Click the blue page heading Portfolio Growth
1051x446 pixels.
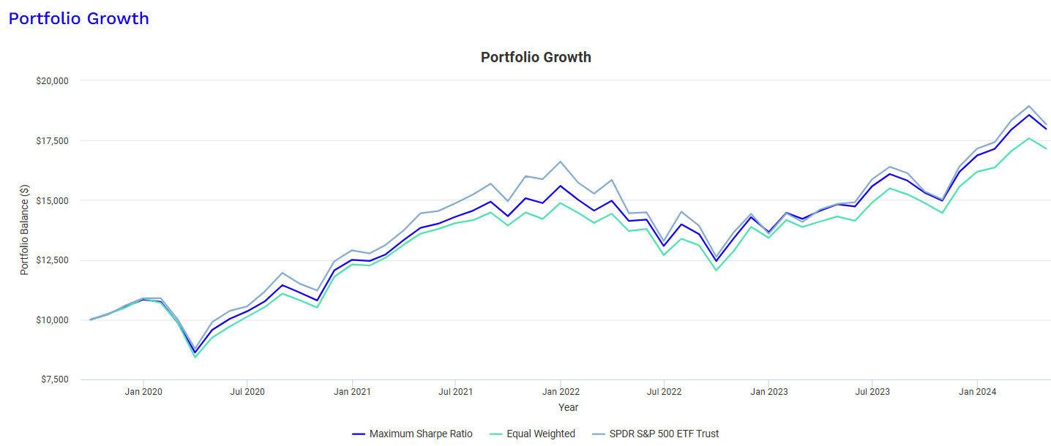click(78, 18)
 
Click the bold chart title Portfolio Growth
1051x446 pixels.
click(536, 57)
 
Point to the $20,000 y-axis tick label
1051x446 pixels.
click(52, 80)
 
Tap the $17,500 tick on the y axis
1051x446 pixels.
click(52, 140)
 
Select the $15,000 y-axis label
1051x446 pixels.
click(52, 200)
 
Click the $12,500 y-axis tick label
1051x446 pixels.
click(52, 260)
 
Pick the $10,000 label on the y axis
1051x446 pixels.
click(52, 320)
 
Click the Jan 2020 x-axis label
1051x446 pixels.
click(143, 392)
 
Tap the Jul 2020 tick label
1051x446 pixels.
click(247, 392)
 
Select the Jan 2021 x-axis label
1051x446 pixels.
click(352, 392)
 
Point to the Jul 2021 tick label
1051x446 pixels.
click(455, 392)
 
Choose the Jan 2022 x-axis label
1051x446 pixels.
click(560, 392)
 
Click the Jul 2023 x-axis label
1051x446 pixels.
click(872, 392)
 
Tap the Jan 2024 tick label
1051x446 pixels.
click(977, 392)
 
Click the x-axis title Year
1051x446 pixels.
click(568, 407)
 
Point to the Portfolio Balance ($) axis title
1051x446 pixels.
click(24, 230)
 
